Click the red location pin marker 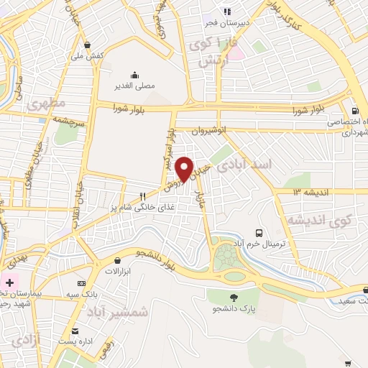185,169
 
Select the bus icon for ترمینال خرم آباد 259,233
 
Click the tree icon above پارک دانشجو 234,297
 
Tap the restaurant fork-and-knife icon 143,195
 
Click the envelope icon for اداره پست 75,331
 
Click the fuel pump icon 355,111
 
